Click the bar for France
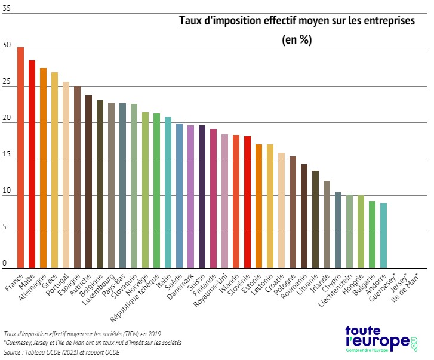pyautogui.click(x=20, y=158)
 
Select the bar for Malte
pyautogui.click(x=32, y=164)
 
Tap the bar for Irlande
pyautogui.click(x=327, y=224)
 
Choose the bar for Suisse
pyautogui.click(x=202, y=196)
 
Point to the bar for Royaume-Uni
pyautogui.click(x=224, y=201)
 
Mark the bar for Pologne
pyautogui.click(x=293, y=212)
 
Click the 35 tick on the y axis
pyautogui.click(x=6, y=10)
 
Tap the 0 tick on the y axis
pyautogui.click(x=5, y=263)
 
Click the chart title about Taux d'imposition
pyautogui.click(x=297, y=20)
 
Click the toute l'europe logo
pyautogui.click(x=381, y=341)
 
